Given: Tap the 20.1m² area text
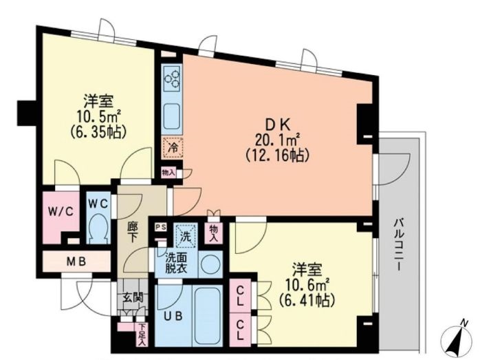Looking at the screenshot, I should tap(275, 140).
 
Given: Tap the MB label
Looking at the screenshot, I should tap(76, 261).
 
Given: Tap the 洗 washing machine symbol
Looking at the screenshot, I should tap(185, 235).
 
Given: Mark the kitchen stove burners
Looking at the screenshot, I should tap(172, 79).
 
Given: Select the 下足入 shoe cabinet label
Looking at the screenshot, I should tap(142, 334).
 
